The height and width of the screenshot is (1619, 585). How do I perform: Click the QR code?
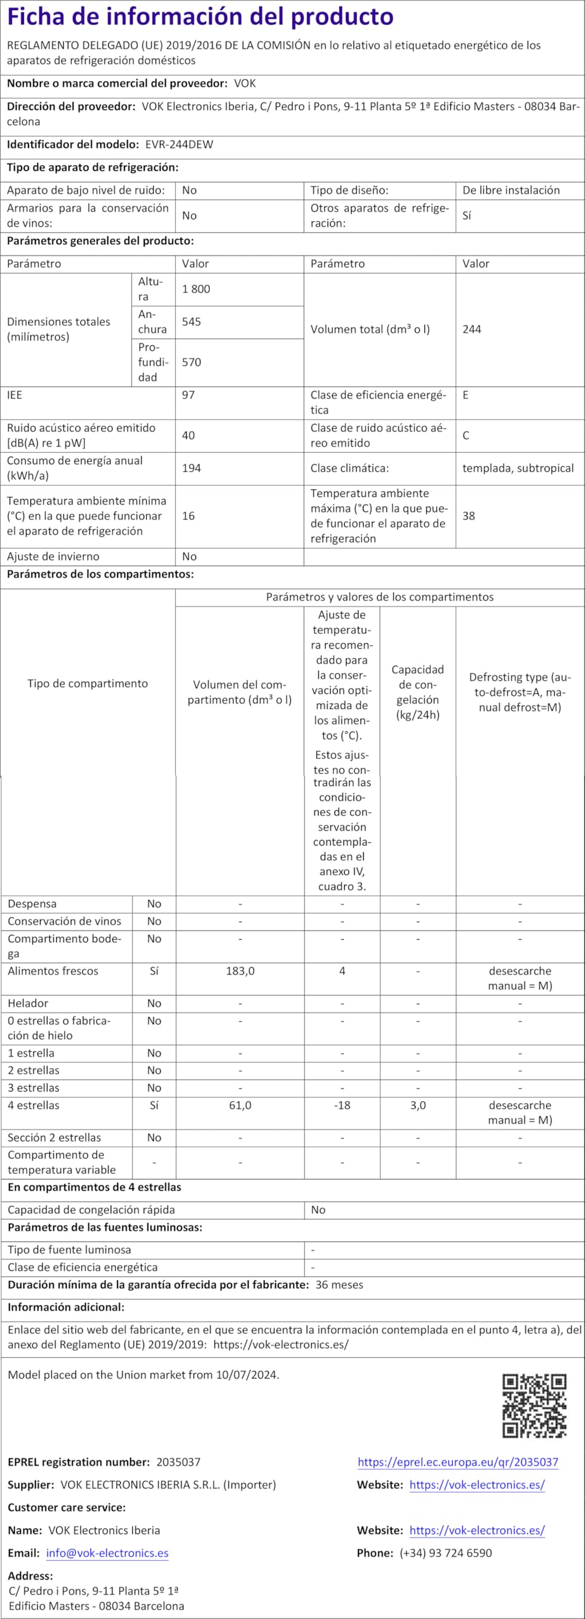[x=534, y=1406]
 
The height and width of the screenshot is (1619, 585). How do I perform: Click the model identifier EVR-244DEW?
[x=179, y=144]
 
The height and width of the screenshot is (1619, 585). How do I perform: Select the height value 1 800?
[x=196, y=289]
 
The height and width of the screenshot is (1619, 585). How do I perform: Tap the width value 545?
[x=192, y=322]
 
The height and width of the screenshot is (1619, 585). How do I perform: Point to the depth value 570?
[x=192, y=362]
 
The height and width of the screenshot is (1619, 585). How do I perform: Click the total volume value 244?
[x=472, y=329]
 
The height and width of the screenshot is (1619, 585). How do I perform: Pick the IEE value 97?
[x=188, y=395]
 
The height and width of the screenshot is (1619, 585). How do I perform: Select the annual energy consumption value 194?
[x=192, y=469]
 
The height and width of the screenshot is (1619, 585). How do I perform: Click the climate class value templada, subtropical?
[x=518, y=469]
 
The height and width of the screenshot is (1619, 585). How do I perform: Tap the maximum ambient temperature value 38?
[x=469, y=516]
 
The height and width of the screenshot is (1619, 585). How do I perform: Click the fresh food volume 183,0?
[x=240, y=971]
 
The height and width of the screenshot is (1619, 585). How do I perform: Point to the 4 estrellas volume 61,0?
[x=240, y=1105]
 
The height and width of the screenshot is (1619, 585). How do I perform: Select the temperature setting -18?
[x=342, y=1105]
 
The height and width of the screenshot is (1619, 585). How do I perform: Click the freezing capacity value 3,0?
[x=418, y=1105]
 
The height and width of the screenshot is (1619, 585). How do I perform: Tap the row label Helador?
[x=28, y=1004]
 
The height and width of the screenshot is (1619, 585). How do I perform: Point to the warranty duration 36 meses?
[x=340, y=1285]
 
